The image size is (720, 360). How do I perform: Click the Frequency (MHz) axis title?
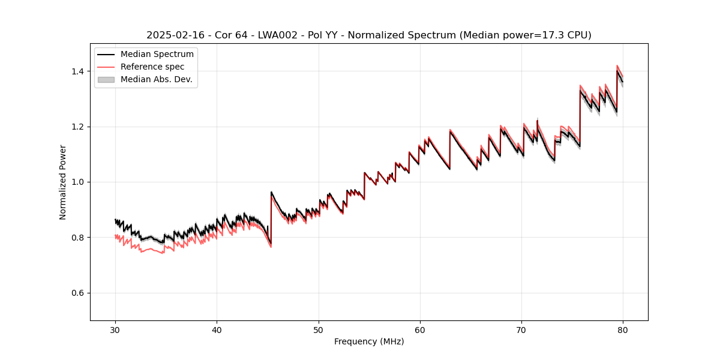(369, 341)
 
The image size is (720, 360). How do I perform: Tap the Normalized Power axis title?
(63, 182)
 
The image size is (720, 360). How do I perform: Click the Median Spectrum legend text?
(157, 55)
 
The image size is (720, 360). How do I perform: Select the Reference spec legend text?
(152, 67)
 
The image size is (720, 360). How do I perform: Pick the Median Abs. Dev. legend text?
(157, 79)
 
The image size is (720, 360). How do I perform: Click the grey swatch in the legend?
(106, 79)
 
